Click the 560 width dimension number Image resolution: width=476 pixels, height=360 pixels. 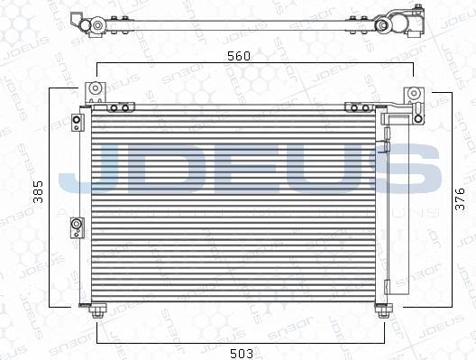click(238, 55)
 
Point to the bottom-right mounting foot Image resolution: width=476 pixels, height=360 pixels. click(383, 310)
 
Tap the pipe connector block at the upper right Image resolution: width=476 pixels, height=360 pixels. click(398, 116)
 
